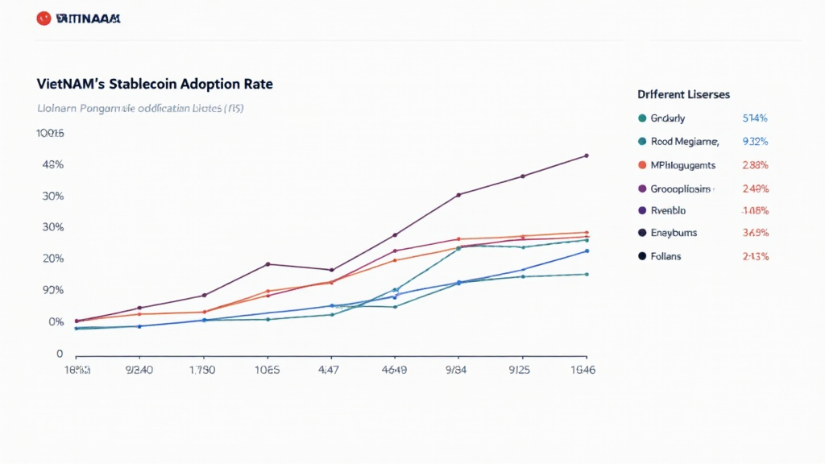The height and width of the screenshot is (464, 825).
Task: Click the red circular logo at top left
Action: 44,19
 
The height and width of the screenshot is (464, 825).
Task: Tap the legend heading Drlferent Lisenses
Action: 683,94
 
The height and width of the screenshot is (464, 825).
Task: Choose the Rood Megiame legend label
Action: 684,142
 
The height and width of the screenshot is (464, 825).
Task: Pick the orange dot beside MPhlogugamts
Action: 642,165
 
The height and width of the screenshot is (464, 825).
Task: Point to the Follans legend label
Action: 665,256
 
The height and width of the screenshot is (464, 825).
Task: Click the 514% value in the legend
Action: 754,118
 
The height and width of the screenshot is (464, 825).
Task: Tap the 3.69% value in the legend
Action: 754,233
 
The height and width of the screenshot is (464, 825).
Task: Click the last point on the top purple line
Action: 586,155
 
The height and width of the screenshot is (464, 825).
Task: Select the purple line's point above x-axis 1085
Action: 267,264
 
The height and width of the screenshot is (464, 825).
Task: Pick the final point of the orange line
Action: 586,233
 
